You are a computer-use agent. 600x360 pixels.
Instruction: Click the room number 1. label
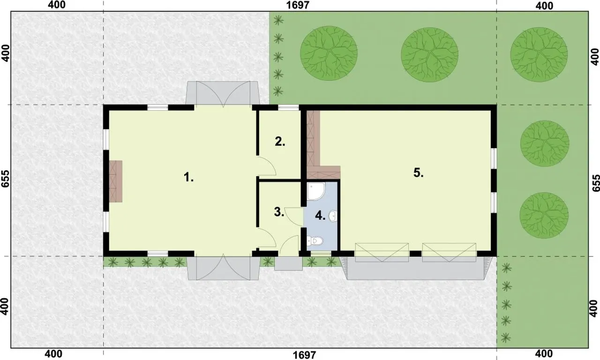188,177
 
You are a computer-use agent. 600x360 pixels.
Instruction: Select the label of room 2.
280,142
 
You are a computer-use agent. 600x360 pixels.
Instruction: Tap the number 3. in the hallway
279,212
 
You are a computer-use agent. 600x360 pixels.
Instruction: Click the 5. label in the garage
419,173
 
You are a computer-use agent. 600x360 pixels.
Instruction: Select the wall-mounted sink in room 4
333,216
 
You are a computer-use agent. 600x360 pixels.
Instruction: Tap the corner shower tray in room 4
316,192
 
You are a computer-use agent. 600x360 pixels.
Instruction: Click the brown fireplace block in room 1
116,181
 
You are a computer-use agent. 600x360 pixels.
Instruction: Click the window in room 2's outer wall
288,108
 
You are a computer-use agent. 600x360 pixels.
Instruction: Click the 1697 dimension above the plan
298,5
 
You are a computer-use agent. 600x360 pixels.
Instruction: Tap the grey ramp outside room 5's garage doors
415,269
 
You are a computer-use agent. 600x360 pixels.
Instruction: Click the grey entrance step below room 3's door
288,263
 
